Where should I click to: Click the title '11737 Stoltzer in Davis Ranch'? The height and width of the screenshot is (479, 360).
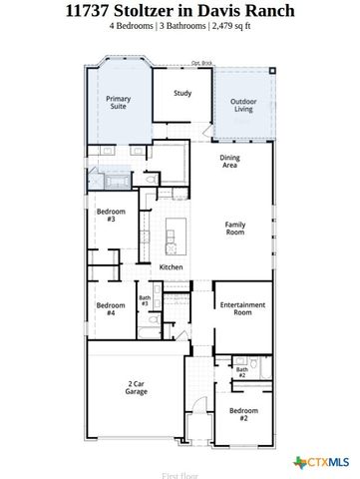[180, 11]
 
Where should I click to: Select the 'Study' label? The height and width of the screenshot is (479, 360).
[181, 94]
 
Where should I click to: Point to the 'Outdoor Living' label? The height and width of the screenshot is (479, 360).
[244, 104]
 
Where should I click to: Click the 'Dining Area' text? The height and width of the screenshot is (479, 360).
[229, 162]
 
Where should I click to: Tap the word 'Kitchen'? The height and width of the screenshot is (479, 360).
[172, 267]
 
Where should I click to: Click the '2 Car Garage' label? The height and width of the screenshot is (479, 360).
[137, 388]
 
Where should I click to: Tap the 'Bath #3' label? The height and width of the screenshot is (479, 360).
[145, 300]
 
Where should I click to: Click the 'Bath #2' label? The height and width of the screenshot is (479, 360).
[241, 372]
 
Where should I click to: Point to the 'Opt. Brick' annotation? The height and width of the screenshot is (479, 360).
[201, 63]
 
